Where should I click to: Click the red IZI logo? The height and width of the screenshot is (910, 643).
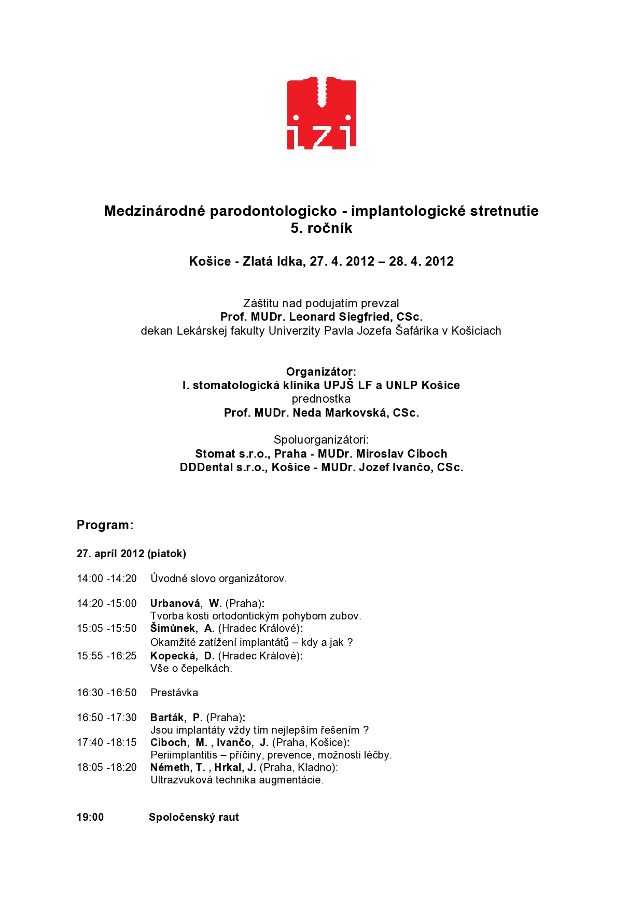321,113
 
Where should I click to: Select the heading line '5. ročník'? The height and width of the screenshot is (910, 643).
321,228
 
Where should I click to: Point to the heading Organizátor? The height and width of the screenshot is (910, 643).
321,372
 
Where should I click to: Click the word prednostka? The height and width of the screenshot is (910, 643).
321,399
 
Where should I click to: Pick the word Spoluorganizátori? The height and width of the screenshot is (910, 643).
321,440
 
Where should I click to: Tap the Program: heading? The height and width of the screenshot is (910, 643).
105,525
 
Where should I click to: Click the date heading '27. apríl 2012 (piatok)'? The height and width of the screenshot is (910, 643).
131,554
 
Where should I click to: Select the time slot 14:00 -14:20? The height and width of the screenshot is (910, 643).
107,578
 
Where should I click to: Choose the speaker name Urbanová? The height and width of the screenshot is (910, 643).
175,603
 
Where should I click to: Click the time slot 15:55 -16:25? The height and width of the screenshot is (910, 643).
107,656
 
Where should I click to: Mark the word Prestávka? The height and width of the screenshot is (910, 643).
174,693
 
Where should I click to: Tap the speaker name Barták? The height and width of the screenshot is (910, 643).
167,718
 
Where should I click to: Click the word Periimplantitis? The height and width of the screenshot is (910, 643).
184,755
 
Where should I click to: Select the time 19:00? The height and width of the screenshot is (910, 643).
90,817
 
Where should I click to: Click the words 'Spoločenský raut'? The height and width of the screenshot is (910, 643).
194,817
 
